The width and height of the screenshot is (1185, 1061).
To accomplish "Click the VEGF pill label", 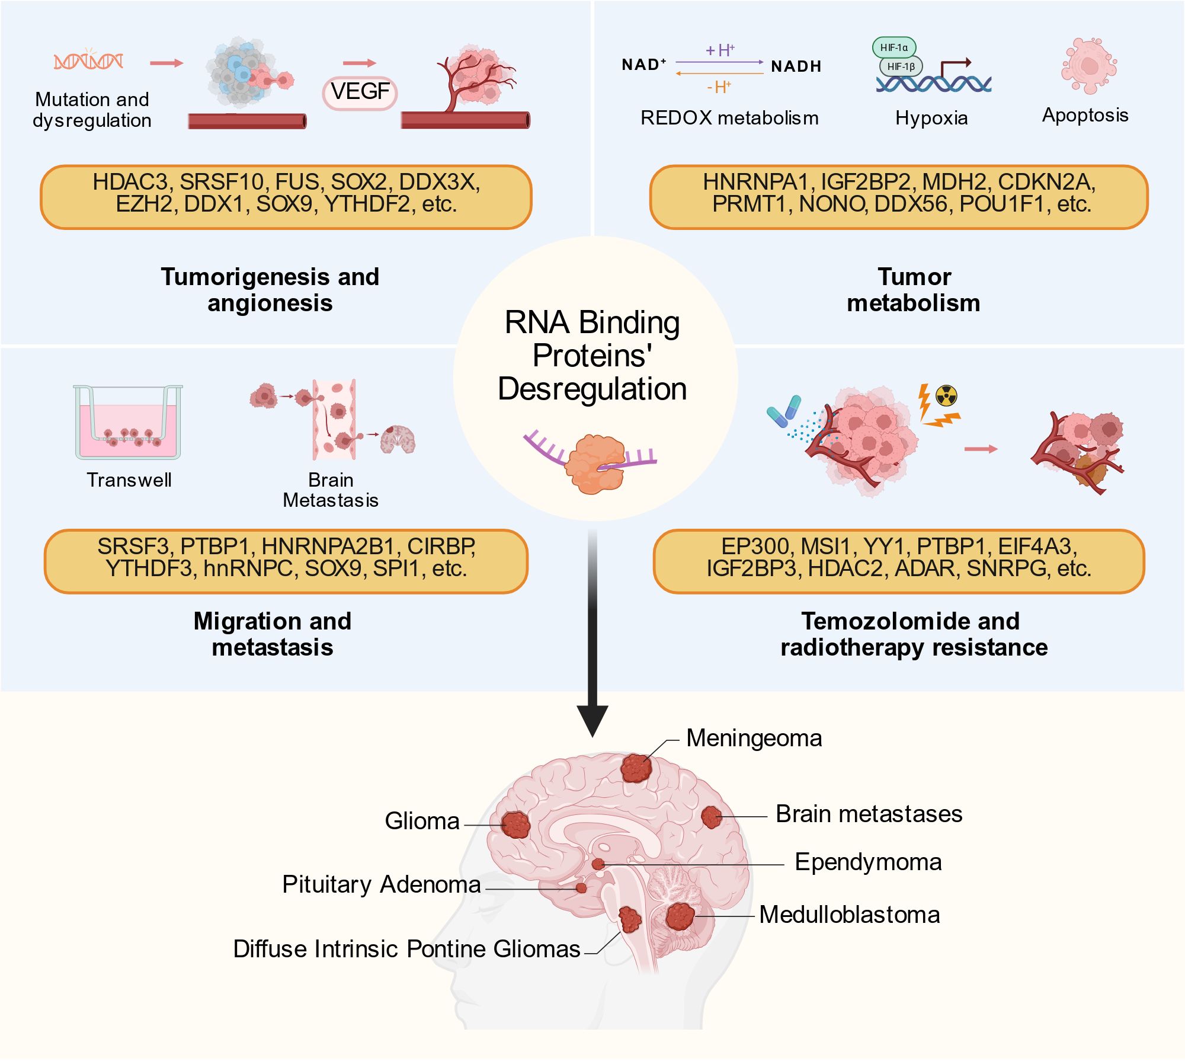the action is coord(360,92).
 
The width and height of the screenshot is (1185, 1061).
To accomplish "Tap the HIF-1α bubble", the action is coord(894,47).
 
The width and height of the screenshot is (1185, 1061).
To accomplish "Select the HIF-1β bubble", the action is coord(901,66).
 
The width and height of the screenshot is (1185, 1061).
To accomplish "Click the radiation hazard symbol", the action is coord(946,395).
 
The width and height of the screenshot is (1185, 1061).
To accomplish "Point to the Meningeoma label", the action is coord(754,739).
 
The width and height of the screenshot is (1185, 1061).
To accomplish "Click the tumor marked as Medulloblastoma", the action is coord(680,916).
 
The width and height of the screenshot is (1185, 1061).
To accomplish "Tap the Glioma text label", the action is coord(422,821).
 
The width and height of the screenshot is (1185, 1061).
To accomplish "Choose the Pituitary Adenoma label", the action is coord(381,884).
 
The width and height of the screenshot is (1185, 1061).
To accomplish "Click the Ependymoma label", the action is coord(868,862).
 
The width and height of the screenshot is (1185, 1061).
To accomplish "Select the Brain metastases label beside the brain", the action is coord(869,814).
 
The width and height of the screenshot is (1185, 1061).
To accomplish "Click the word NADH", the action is coord(796,66).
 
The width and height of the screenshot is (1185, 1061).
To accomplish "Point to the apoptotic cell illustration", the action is coord(1089,66).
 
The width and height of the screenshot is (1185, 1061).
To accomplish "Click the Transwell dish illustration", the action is coord(128,422).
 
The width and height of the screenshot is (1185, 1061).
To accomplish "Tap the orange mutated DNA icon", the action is coord(88,60).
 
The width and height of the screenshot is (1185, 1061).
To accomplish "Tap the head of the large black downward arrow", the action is coord(592,721).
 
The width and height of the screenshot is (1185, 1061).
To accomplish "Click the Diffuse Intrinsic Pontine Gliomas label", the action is coord(406,949).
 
